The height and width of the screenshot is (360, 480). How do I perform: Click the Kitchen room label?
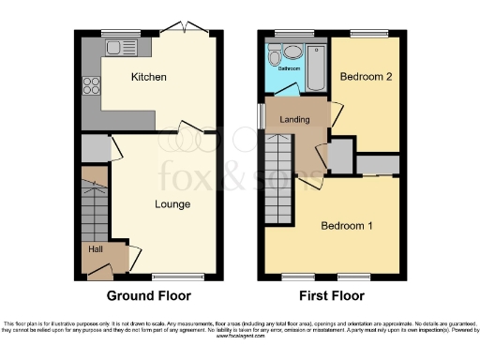point(148,77)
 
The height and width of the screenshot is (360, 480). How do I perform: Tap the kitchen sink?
point(121,47)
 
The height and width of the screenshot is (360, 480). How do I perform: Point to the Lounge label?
point(172,203)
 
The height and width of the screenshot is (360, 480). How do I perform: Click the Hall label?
point(96,249)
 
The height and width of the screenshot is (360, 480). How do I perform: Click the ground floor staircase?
point(95,202)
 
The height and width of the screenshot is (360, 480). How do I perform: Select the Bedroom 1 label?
point(347,226)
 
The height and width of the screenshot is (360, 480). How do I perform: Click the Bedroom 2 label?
point(366,77)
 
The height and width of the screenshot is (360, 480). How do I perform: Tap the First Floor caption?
point(332,296)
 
